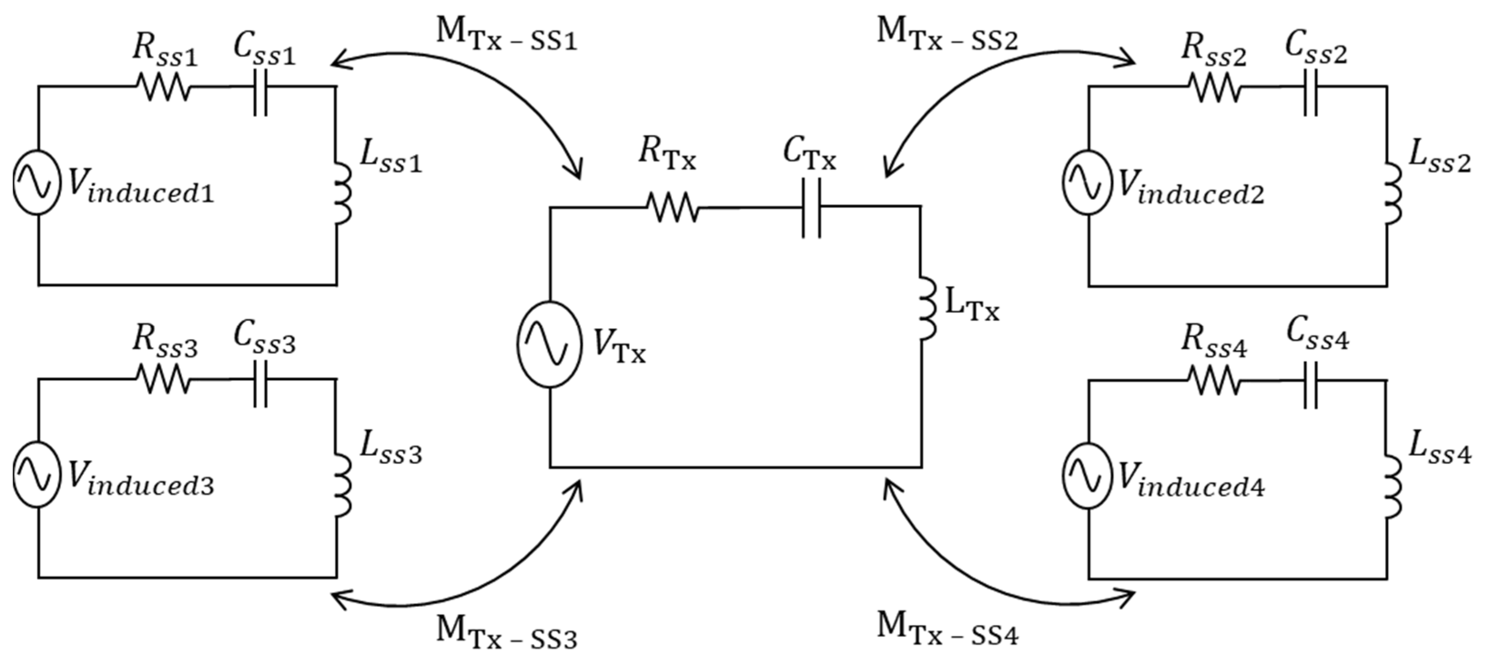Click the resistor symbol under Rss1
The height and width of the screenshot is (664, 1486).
(163, 87)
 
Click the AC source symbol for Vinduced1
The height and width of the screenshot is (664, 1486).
(37, 183)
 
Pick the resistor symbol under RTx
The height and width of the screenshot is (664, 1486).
(672, 207)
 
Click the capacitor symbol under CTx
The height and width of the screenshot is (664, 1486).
(811, 207)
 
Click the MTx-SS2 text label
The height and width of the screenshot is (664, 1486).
(947, 35)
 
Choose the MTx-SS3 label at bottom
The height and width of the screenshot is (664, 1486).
(506, 634)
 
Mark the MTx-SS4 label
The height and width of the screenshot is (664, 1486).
(947, 629)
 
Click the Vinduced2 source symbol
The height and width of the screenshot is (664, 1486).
(1087, 183)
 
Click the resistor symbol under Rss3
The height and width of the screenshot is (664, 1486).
(163, 380)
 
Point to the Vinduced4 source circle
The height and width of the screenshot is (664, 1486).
(1087, 475)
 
